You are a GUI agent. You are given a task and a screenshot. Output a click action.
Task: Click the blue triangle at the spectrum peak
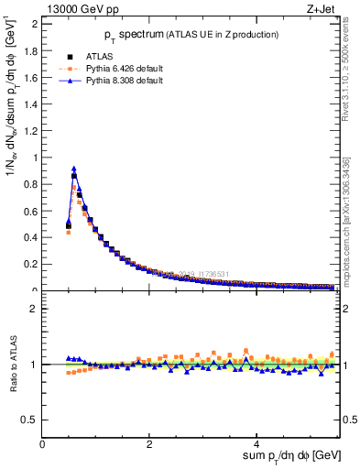tap(73, 169)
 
